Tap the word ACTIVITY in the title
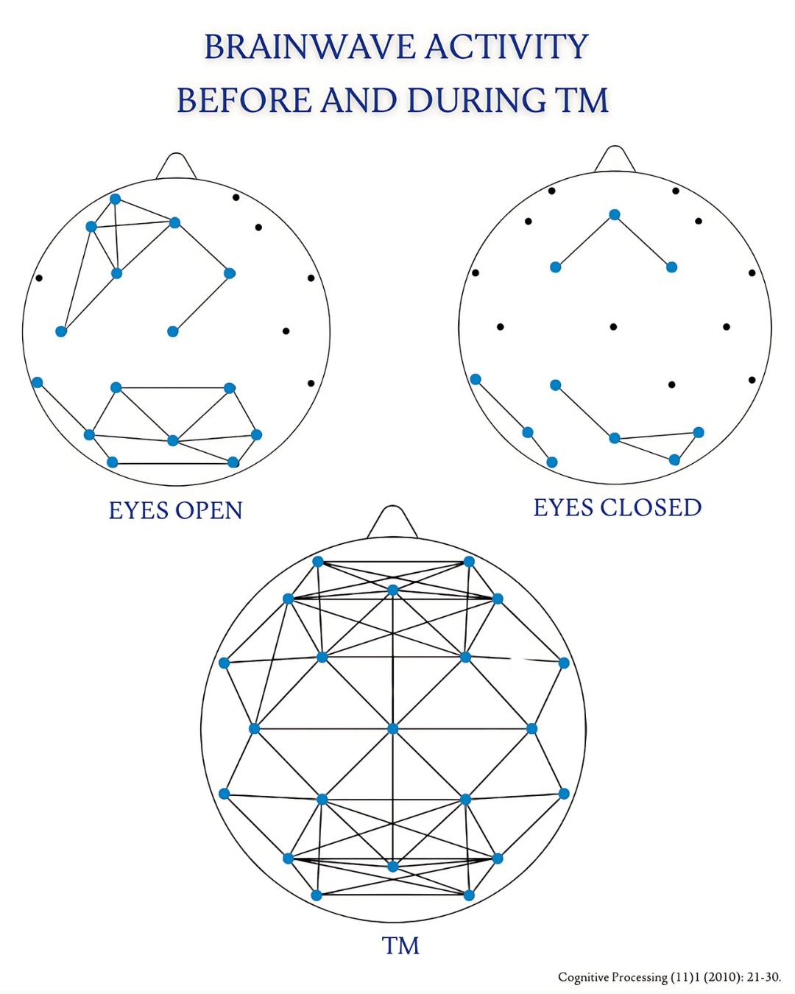[506, 46]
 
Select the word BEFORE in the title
[244, 100]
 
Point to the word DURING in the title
[476, 100]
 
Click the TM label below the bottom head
[400, 945]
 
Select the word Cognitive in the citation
[584, 978]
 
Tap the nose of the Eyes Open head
[176, 166]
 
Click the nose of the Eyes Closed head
[615, 159]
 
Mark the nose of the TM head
[392, 522]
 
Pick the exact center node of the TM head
[392, 729]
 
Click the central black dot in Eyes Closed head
[613, 327]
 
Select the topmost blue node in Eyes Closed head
[615, 215]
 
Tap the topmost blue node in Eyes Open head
[115, 199]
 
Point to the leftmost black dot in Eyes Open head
[39, 278]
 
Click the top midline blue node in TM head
[392, 591]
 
